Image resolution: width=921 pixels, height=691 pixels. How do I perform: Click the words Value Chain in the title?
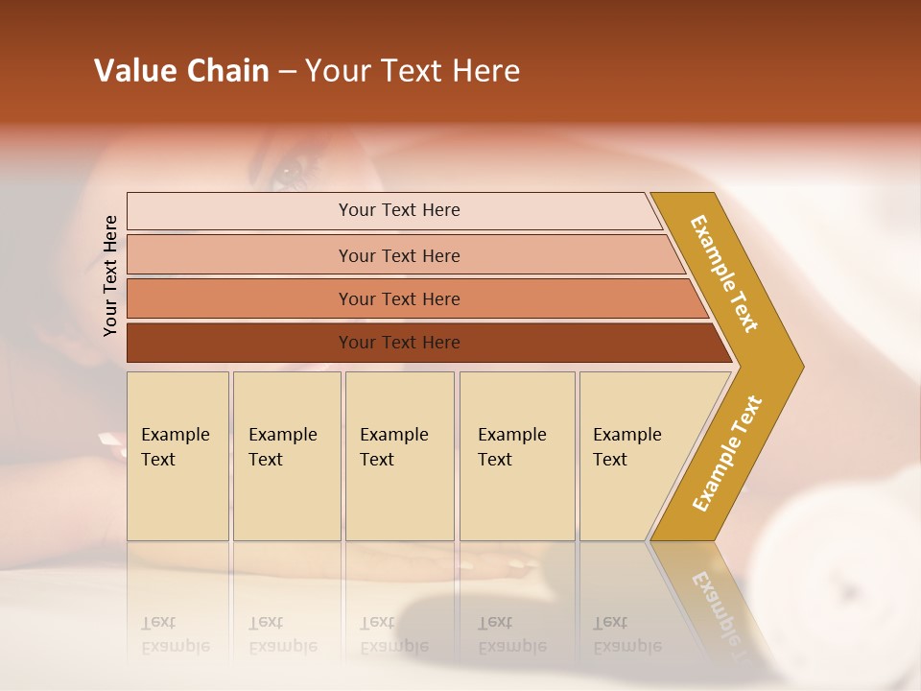click(x=181, y=71)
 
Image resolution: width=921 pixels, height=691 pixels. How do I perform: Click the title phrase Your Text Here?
click(x=413, y=71)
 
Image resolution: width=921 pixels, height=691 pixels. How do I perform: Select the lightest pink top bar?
click(x=398, y=210)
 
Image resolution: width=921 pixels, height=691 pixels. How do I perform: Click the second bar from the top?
click(x=398, y=255)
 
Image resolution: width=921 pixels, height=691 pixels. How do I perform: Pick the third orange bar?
click(x=398, y=298)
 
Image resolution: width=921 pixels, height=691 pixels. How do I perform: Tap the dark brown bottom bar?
click(x=398, y=343)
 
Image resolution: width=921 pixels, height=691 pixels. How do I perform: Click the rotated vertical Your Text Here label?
click(x=110, y=275)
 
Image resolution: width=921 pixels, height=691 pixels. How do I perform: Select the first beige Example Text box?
click(x=177, y=456)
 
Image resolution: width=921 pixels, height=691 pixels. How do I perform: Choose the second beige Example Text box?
click(x=286, y=456)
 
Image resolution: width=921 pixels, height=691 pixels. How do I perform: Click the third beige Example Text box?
click(x=398, y=456)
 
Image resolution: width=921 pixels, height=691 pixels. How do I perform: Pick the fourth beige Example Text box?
click(x=516, y=456)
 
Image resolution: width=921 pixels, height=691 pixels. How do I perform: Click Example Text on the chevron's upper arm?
click(x=725, y=274)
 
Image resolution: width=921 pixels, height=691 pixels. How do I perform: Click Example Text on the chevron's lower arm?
click(x=727, y=453)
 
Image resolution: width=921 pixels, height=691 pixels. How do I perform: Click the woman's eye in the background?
click(x=289, y=176)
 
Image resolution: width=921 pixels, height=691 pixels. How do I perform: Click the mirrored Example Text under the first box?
click(x=175, y=634)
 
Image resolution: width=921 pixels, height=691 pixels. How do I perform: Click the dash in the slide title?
click(x=287, y=72)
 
